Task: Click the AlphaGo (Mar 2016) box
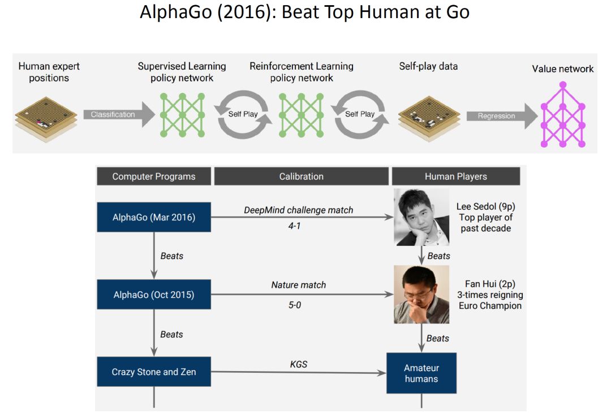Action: coord(154,217)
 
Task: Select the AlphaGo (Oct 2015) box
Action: coord(154,295)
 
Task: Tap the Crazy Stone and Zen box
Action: coord(154,372)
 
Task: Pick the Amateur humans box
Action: coord(421,373)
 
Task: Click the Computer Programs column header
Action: coord(154,176)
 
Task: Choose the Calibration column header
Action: coord(302,176)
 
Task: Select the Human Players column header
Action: coord(455,176)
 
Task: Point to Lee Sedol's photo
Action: coord(421,217)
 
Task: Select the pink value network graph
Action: coord(562,116)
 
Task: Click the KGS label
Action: coord(299,364)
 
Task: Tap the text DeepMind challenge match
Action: coord(299,210)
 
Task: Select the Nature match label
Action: coord(299,285)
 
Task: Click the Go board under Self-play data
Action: coord(428,116)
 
